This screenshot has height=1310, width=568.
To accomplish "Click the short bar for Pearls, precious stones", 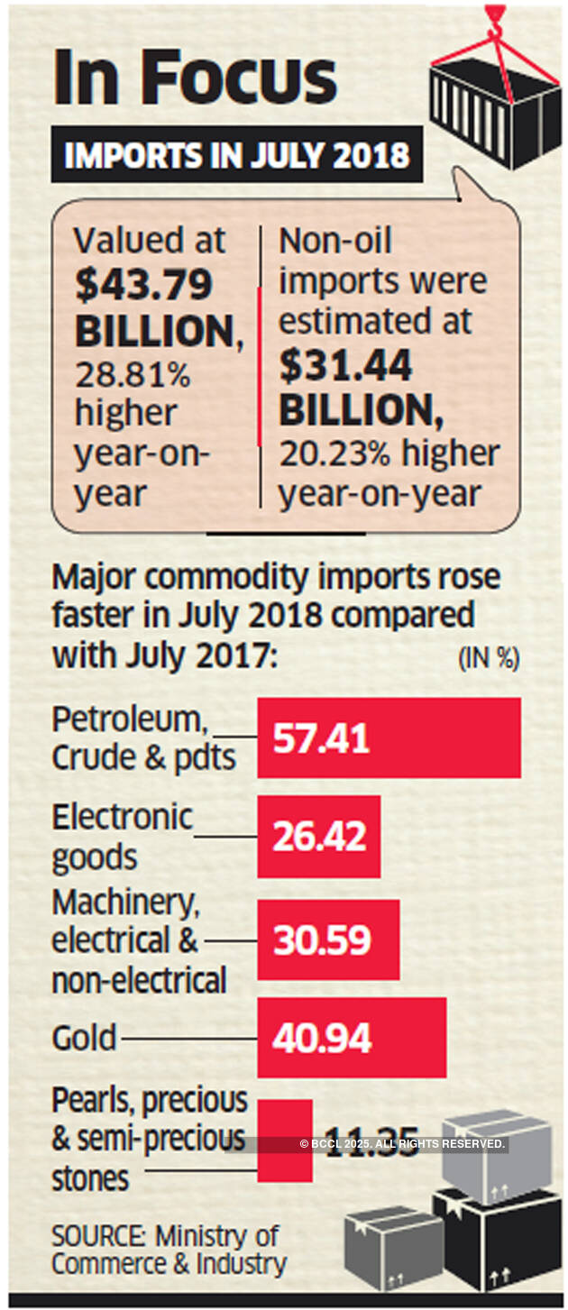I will (x=284, y=1140).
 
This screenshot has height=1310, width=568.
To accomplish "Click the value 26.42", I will (x=320, y=837).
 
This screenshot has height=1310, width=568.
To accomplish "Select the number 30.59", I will (x=322, y=940).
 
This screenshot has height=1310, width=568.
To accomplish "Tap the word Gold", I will (x=84, y=1038).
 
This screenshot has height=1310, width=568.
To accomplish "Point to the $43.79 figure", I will (x=144, y=285).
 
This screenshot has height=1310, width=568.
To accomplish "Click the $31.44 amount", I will (x=345, y=366).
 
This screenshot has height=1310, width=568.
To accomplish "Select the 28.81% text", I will (x=132, y=373).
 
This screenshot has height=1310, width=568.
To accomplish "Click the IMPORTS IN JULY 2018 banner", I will (x=236, y=155).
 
